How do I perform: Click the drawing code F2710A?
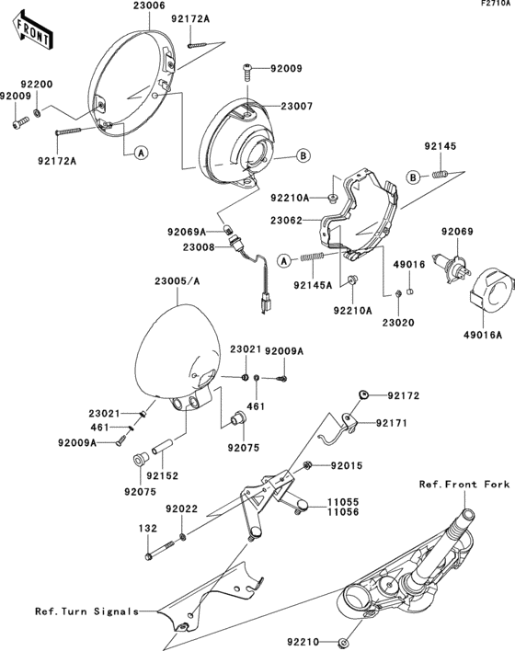494,5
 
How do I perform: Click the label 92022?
181,508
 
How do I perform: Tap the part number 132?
147,529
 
